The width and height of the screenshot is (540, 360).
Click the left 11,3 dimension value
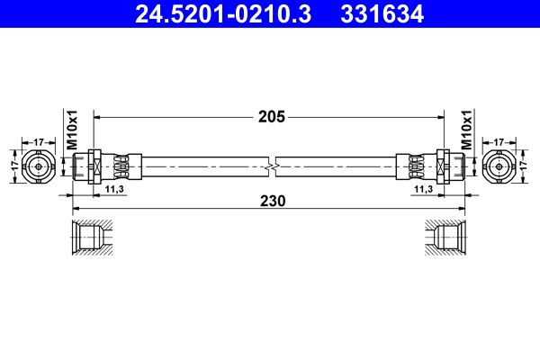(113, 191)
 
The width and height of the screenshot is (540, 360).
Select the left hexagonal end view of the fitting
(40, 166)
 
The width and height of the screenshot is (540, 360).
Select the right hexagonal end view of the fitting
(499, 166)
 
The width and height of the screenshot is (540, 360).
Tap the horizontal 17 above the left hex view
(40, 141)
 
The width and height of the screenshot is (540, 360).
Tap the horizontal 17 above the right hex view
(499, 141)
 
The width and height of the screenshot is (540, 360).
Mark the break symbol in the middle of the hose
(272, 166)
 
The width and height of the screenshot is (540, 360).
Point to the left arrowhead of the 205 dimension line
(100, 116)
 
